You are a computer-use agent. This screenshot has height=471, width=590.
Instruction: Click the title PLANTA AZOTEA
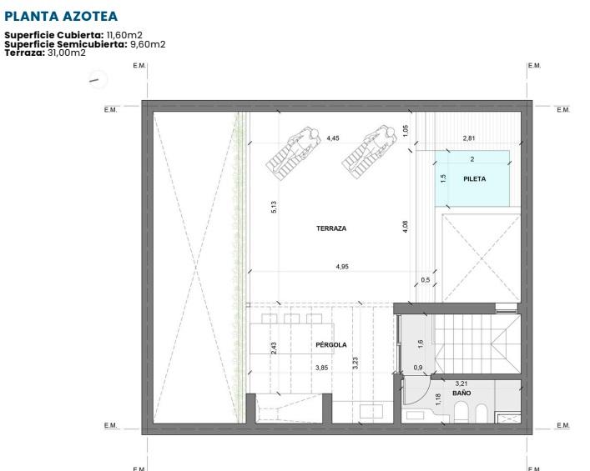(x=61, y=16)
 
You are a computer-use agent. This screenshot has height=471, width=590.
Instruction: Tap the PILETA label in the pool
(x=474, y=179)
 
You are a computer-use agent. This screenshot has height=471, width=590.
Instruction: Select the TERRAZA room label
(x=331, y=228)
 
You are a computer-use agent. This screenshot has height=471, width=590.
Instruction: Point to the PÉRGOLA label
(x=331, y=344)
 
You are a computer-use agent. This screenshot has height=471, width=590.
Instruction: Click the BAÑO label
(x=461, y=393)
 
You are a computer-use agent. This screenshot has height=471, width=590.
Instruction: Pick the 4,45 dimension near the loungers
(x=333, y=138)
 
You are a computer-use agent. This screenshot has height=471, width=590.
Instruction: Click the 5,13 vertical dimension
(x=274, y=207)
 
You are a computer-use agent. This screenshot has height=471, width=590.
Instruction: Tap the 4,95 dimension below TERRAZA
(x=342, y=267)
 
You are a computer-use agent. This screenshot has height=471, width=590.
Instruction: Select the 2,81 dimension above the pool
(x=469, y=138)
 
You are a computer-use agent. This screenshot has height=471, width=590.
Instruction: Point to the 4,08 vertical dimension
(x=406, y=227)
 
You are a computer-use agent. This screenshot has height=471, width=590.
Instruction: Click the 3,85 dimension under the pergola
(x=322, y=368)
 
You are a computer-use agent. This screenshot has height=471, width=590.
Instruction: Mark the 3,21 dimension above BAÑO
(x=461, y=383)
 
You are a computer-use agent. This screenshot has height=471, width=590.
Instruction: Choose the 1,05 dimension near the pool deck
(x=406, y=131)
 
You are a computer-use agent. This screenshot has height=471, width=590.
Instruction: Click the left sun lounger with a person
(x=294, y=153)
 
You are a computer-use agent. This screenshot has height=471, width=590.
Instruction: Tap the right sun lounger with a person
(x=370, y=152)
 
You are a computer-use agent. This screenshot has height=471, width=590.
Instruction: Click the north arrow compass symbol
(x=98, y=79)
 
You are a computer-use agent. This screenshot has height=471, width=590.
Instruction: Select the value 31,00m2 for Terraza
(x=67, y=53)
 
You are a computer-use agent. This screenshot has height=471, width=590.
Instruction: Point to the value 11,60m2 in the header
(x=124, y=35)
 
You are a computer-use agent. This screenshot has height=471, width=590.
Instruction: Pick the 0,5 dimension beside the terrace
(x=426, y=280)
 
